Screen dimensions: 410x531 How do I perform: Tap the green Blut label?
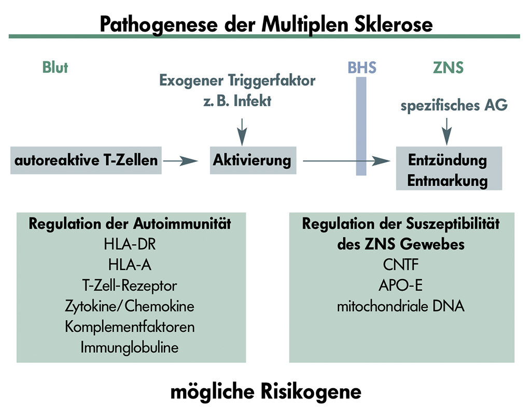pos(55,67)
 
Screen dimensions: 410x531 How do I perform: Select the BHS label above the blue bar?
pos(361,68)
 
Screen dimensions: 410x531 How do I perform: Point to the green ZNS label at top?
pos(448,68)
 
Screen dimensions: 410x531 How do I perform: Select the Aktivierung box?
pos(251,160)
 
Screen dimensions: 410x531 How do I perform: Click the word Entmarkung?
pos(448,181)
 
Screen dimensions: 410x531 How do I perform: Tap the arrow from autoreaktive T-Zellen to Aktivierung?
pos(180,161)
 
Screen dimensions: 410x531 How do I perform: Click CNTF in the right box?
pos(400,265)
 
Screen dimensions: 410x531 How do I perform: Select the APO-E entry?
pos(400,285)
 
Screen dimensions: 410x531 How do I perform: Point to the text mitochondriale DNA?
pos(400,306)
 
